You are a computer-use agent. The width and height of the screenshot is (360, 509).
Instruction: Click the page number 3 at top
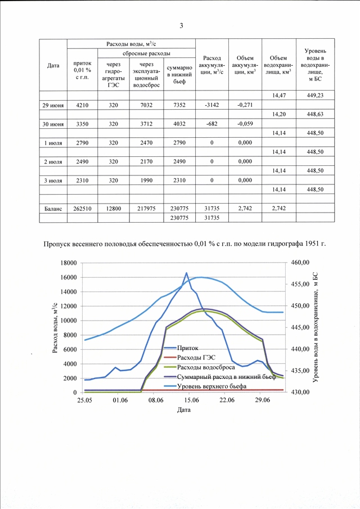point(181,26)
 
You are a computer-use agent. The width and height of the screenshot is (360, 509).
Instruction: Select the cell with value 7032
point(146,105)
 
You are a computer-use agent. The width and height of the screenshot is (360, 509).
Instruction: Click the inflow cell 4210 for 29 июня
point(82,105)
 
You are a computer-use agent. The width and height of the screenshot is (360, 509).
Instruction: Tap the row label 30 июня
point(53,124)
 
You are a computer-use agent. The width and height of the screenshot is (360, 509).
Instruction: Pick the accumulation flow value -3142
point(212,105)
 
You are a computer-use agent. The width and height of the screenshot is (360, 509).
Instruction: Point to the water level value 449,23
point(315,96)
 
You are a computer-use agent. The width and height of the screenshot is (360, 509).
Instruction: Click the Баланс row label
point(53,209)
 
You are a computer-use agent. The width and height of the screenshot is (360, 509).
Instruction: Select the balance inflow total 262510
point(82,209)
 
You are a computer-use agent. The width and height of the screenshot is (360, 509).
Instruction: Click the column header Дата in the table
point(53,66)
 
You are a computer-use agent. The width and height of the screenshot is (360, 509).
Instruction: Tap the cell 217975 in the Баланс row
point(146,209)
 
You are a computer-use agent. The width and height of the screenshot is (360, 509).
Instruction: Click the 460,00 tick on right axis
point(298,263)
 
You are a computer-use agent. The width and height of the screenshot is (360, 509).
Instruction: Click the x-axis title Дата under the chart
point(184,410)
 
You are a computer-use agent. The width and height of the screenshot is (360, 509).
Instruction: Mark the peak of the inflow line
point(186,273)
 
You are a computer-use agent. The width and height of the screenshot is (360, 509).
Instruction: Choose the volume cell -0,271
point(245,105)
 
